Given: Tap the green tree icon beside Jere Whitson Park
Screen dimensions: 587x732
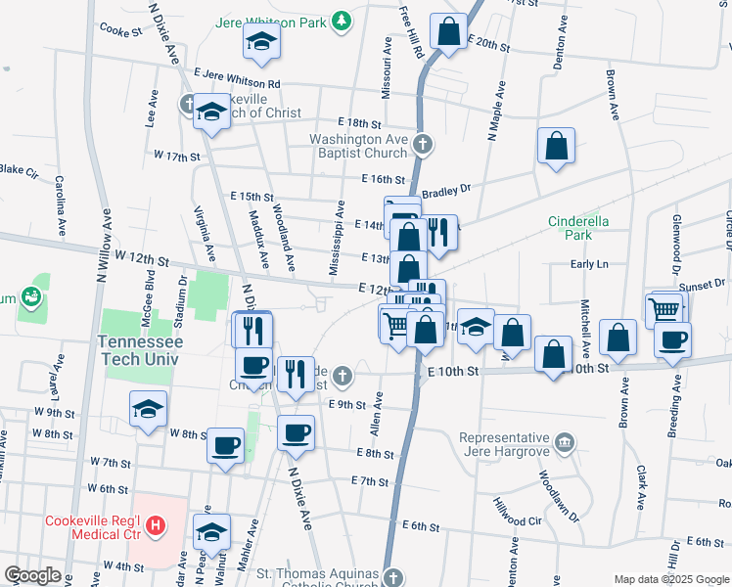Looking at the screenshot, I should click(340, 20).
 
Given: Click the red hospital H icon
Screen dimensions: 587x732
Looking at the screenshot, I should click(156, 527).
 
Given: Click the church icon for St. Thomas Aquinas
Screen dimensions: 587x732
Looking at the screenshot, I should click(392, 577).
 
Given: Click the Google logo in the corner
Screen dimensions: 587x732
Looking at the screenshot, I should click(32, 574).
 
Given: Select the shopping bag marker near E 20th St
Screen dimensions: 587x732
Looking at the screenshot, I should click(448, 31).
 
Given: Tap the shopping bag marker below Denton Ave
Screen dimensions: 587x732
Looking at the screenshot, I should click(556, 147).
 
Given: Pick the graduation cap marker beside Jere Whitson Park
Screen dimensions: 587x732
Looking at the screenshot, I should click(261, 40).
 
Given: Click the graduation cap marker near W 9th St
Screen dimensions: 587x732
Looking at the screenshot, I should click(148, 408).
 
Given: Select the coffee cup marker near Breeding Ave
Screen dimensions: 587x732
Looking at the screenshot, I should click(671, 340).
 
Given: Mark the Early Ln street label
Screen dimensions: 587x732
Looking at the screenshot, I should click(589, 264).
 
